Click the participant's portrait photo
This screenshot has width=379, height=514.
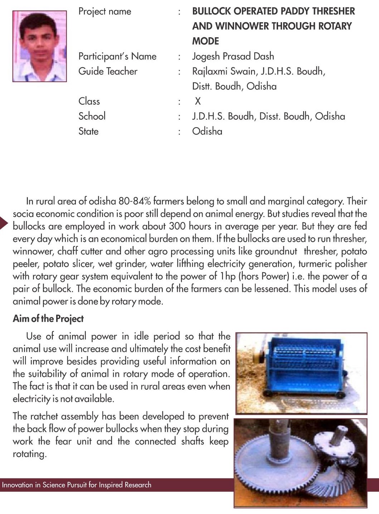39,46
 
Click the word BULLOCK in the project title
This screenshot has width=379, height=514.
211,11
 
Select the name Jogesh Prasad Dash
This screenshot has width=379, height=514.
233,56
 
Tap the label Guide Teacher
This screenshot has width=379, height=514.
108,71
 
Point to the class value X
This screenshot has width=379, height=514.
198,101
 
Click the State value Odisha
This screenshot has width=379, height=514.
207,131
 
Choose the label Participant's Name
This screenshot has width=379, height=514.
117,56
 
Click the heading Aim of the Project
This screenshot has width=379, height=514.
48,318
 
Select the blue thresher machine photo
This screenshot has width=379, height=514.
301,373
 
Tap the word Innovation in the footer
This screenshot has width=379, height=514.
17,485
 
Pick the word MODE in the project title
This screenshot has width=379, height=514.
205,41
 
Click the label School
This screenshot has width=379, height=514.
92,116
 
